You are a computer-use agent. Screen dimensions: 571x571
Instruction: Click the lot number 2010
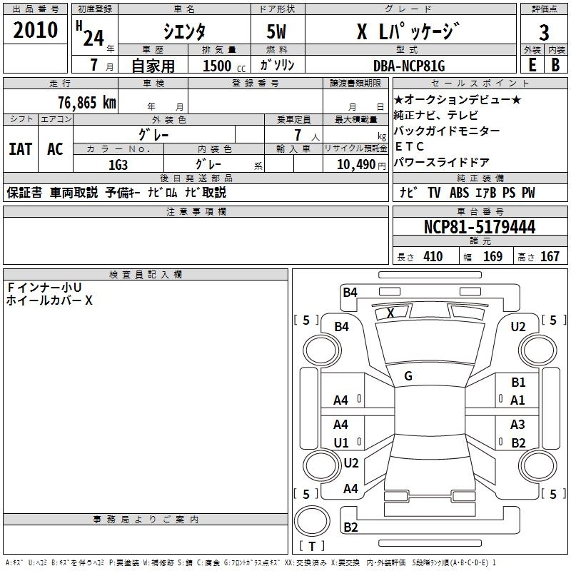35,31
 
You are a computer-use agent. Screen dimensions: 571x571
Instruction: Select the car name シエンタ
184,31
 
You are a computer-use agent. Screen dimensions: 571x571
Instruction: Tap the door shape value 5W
278,31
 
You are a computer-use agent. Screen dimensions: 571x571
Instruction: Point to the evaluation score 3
544,32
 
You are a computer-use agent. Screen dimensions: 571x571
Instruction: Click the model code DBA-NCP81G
409,66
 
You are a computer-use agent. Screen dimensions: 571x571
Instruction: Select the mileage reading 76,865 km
86,102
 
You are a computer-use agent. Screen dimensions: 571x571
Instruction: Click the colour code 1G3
118,164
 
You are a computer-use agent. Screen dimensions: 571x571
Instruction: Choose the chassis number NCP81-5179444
479,227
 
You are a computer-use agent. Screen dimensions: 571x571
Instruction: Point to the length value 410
433,256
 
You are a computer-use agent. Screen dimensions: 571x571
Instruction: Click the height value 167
550,256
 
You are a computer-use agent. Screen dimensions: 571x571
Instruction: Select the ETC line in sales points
410,146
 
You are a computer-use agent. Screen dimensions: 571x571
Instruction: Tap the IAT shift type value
20,149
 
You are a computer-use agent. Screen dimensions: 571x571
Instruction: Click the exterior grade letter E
532,65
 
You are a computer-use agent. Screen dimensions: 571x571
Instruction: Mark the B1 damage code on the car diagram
518,383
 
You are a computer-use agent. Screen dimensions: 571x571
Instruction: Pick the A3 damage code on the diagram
518,425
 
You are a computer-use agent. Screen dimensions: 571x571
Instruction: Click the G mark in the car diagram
408,375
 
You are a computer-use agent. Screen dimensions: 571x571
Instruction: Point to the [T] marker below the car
312,546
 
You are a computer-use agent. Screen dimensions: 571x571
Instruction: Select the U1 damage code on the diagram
341,443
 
